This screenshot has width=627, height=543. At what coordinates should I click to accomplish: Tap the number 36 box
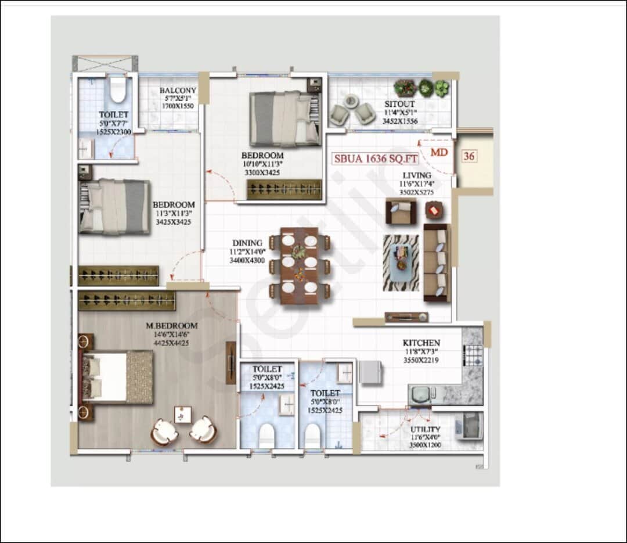click(x=469, y=156)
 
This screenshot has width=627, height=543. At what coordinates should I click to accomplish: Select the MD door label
click(x=438, y=152)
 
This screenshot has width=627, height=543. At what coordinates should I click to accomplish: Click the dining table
click(x=299, y=265)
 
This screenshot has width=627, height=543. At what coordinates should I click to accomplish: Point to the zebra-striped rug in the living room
click(x=401, y=262)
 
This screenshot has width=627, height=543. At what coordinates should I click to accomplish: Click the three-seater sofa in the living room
click(x=437, y=262)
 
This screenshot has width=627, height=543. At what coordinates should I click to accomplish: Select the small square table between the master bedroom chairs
click(x=183, y=415)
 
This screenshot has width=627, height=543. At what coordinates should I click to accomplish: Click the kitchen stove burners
click(x=473, y=355)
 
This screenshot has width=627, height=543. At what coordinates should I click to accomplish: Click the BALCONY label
click(x=178, y=91)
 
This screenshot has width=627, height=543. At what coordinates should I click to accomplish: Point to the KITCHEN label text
click(x=421, y=343)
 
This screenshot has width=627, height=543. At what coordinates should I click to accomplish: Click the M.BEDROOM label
click(x=171, y=326)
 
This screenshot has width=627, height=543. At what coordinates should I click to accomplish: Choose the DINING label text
click(x=247, y=243)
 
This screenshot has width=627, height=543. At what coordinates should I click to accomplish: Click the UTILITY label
click(x=425, y=429)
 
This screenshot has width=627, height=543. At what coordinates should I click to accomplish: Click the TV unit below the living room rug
click(x=406, y=317)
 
